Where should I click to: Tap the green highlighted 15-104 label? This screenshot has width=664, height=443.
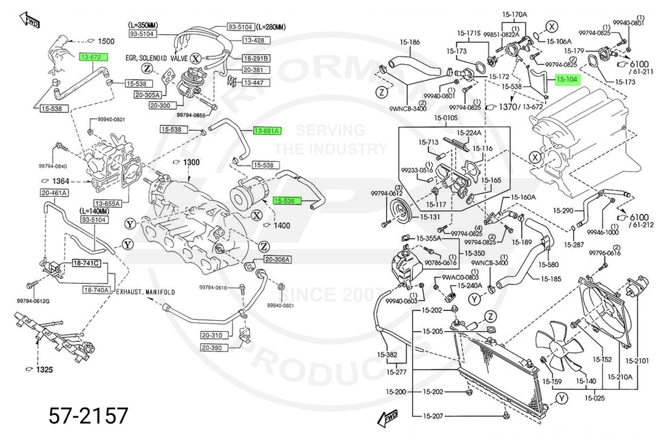(566, 79)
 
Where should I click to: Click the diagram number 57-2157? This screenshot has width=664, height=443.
(88, 416)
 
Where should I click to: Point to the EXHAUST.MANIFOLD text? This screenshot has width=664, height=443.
(145, 292)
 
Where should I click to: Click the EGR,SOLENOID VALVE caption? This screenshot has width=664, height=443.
(157, 58)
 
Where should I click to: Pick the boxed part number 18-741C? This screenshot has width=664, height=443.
(86, 264)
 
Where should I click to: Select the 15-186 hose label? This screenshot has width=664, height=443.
(410, 42)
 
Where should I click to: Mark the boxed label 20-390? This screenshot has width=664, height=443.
(213, 348)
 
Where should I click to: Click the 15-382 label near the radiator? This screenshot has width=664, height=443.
(387, 355)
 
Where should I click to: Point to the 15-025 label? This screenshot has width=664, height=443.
(595, 398)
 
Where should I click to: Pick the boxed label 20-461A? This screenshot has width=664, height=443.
(55, 193)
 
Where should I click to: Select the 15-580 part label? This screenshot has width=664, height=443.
(548, 264)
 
